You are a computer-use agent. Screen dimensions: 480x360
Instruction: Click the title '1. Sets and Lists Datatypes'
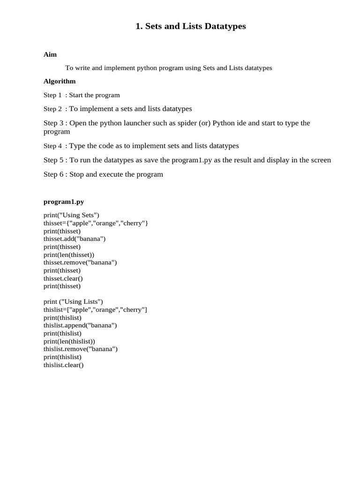(x=190, y=27)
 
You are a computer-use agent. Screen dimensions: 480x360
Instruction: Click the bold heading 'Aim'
(x=50, y=54)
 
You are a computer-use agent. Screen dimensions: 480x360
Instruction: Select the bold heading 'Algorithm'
(x=60, y=81)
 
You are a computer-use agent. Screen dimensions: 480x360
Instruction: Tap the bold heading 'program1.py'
(x=64, y=202)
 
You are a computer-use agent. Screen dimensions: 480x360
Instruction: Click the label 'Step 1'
(x=52, y=95)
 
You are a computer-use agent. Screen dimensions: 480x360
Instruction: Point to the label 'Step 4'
(x=52, y=146)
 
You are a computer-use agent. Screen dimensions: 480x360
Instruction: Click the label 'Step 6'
(x=53, y=174)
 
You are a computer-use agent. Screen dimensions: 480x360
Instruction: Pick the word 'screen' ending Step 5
(x=320, y=160)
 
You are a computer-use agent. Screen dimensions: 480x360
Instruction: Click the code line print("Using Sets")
(x=71, y=215)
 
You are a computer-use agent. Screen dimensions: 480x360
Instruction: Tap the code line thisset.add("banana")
(x=75, y=239)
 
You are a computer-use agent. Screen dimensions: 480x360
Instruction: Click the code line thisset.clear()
(x=63, y=278)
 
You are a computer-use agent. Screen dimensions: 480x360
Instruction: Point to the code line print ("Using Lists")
(x=73, y=302)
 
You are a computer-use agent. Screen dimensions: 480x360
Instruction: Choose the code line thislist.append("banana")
(x=80, y=325)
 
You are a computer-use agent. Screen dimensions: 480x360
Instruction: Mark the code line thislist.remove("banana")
(x=81, y=349)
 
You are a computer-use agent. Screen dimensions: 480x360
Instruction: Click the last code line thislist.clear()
(x=63, y=365)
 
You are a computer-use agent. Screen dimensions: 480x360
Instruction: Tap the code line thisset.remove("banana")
(x=80, y=262)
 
